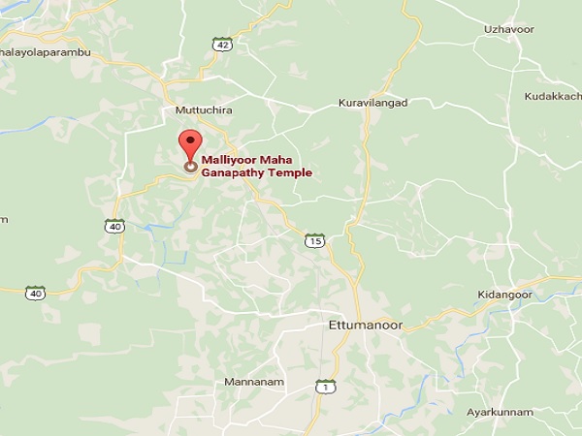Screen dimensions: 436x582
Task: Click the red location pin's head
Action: [190, 140]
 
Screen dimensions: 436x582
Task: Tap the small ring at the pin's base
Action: [190, 166]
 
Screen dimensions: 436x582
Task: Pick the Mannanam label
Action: [254, 382]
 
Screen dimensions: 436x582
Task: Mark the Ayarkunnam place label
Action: [501, 412]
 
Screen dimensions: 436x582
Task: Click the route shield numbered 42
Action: [223, 44]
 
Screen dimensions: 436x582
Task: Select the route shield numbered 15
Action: [313, 239]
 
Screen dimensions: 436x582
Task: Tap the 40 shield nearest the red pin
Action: [114, 226]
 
